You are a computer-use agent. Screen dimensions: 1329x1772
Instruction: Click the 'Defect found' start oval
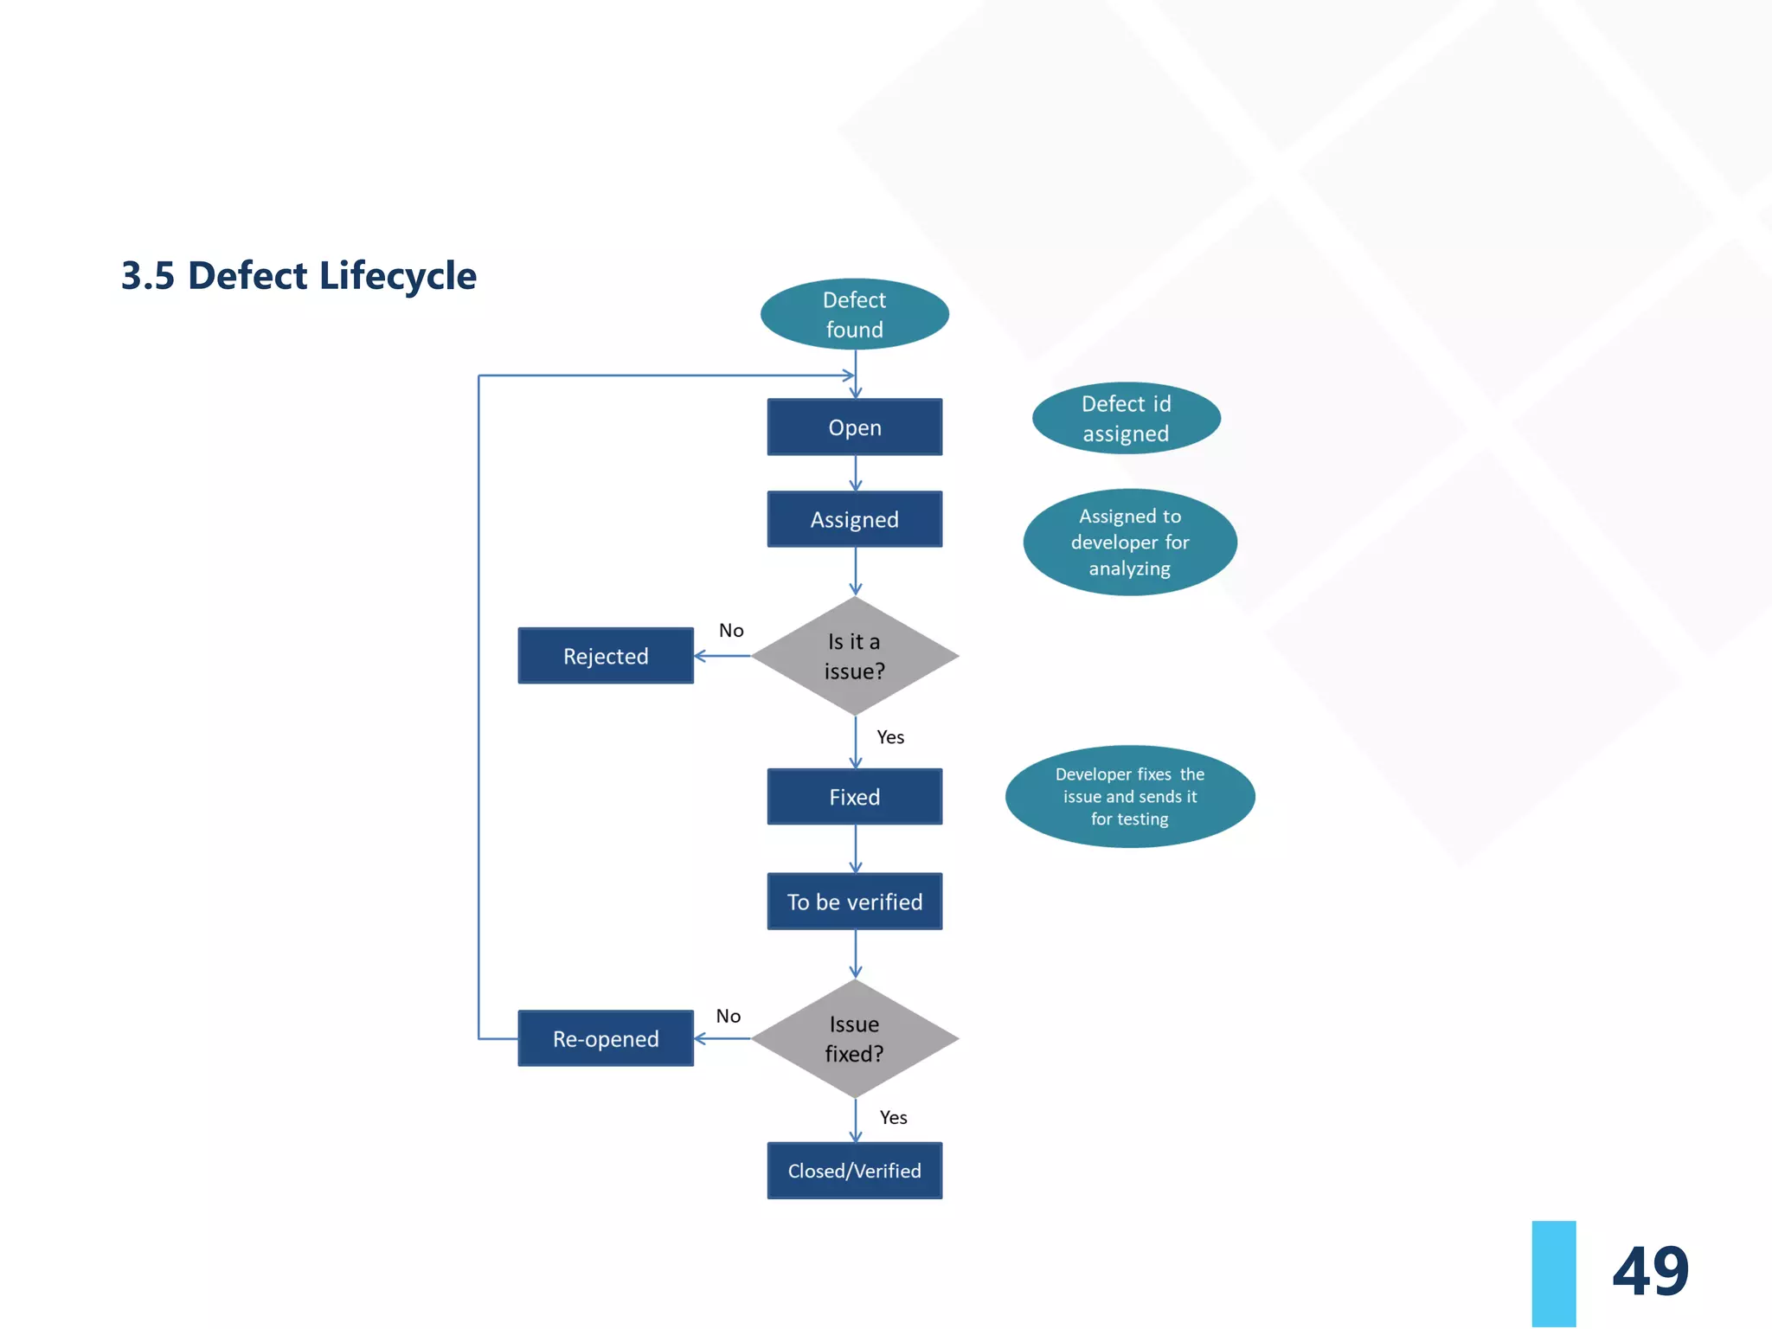click(x=854, y=314)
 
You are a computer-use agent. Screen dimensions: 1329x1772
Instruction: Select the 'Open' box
click(x=854, y=427)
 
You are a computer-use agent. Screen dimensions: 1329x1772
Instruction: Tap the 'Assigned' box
click(x=854, y=519)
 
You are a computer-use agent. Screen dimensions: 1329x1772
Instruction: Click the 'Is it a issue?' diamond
click(x=854, y=656)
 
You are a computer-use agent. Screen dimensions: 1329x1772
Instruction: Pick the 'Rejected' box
click(x=606, y=656)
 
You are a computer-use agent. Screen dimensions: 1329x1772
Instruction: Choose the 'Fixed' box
click(x=854, y=797)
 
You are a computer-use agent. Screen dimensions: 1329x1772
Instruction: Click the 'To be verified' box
click(x=854, y=902)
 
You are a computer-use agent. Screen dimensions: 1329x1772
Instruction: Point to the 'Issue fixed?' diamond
click(x=854, y=1038)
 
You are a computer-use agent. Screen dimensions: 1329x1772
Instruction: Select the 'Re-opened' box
click(x=606, y=1038)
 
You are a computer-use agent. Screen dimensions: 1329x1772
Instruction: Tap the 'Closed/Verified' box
click(x=854, y=1171)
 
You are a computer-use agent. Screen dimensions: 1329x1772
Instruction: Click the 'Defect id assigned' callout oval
click(x=1126, y=419)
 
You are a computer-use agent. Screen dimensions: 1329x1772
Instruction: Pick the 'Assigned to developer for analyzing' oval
click(x=1129, y=543)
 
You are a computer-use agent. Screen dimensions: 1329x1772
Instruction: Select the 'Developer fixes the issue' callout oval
click(x=1129, y=797)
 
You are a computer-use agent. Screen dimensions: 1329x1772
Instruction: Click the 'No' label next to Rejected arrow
click(x=731, y=631)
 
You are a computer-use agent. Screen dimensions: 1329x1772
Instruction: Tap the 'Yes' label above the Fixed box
click(x=890, y=737)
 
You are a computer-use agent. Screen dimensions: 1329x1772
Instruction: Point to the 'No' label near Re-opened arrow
click(x=729, y=1016)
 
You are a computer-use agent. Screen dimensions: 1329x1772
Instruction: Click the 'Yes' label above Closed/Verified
click(x=893, y=1118)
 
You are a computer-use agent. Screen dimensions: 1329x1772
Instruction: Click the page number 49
click(x=1650, y=1272)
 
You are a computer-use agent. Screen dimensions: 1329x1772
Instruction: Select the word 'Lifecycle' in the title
click(x=398, y=276)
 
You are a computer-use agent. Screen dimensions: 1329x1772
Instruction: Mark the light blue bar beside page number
click(x=1553, y=1274)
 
